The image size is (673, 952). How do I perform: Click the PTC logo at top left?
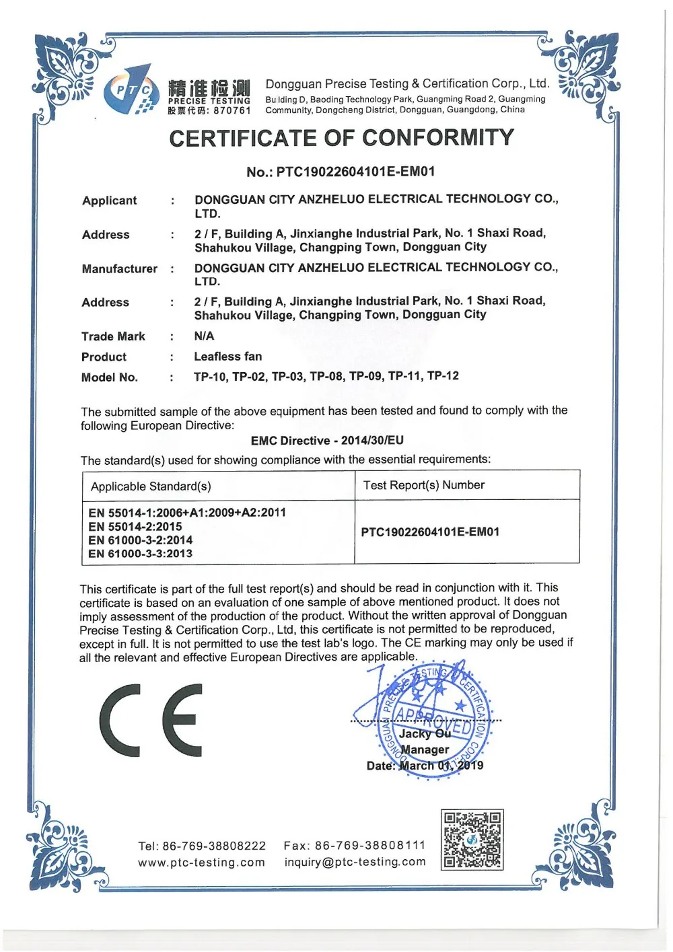pos(129,90)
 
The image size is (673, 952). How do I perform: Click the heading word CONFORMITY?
pos(438,138)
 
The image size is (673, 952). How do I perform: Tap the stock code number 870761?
pos(232,110)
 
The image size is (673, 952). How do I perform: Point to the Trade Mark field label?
pos(113,336)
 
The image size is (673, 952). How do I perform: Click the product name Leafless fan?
pos(228,357)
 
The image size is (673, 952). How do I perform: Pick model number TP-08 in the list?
pos(326,376)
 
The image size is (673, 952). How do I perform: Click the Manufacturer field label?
pos(119,269)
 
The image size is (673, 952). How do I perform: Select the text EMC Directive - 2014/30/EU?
pos(327,441)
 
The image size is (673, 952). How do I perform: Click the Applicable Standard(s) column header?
pos(151,486)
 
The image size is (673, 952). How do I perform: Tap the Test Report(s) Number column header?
pos(424,485)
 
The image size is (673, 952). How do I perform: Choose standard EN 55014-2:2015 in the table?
pos(135,527)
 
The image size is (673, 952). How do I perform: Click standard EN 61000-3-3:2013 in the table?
pos(141,554)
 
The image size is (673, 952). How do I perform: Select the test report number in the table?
pos(430,532)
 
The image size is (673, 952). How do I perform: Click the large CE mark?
pos(151,720)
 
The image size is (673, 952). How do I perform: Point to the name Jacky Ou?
pos(425,734)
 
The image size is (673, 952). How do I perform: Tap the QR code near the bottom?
pos(472,840)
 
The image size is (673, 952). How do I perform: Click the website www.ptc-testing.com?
pos(201,863)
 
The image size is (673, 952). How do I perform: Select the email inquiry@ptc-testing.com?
pos(355,862)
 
